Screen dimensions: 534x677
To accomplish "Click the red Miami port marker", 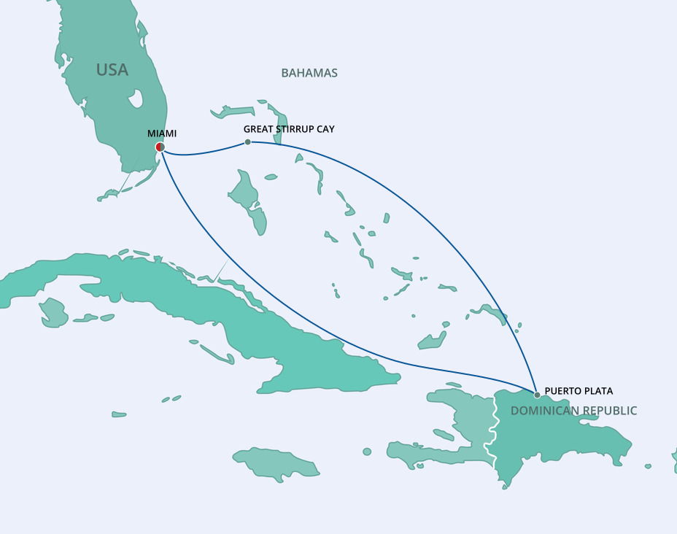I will pyautogui.click(x=160, y=147).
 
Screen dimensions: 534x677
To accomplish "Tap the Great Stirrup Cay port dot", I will pyautogui.click(x=247, y=142).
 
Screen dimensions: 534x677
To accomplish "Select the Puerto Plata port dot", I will pyautogui.click(x=537, y=395).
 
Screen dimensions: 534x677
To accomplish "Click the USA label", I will pyautogui.click(x=112, y=70).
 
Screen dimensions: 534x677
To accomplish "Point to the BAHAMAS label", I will pyautogui.click(x=309, y=73).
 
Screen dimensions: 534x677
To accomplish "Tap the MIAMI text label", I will pyautogui.click(x=162, y=133).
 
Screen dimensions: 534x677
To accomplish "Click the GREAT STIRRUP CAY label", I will pyautogui.click(x=289, y=129).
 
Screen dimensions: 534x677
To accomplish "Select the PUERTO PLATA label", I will pyautogui.click(x=579, y=391).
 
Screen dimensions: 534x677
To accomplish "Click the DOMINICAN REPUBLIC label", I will pyautogui.click(x=573, y=411).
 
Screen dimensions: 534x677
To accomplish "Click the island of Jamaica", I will pyautogui.click(x=277, y=463).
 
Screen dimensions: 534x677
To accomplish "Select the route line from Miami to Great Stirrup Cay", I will pyautogui.click(x=204, y=152).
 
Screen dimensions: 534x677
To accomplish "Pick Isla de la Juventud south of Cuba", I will pyautogui.click(x=53, y=312).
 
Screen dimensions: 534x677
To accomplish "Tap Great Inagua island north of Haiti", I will pyautogui.click(x=433, y=341).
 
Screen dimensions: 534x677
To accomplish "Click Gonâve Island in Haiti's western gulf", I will pyautogui.click(x=443, y=435).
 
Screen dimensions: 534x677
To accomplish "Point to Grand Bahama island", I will pyautogui.click(x=233, y=112).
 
